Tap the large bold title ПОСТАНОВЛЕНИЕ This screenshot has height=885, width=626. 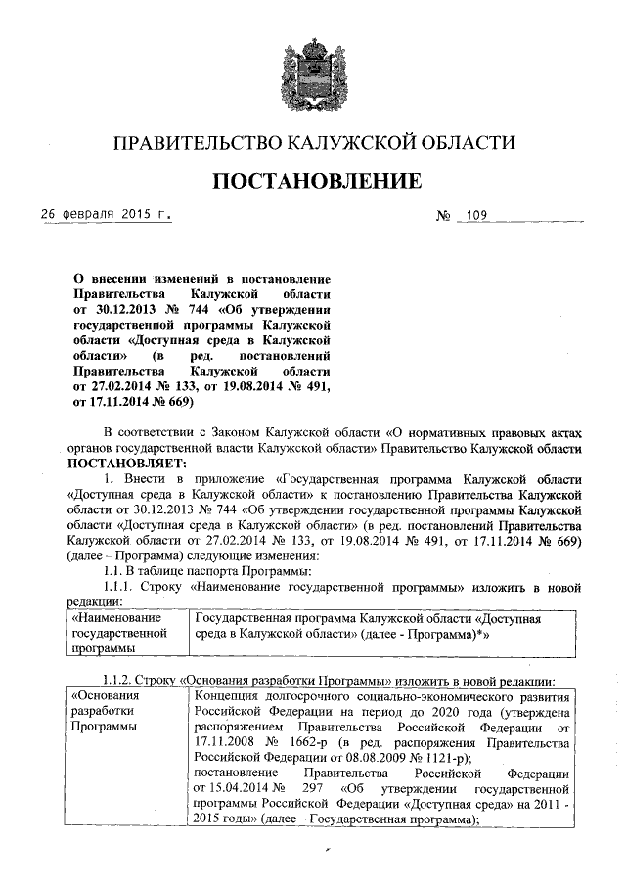pos(313,182)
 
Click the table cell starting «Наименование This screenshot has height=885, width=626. pos(123,633)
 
